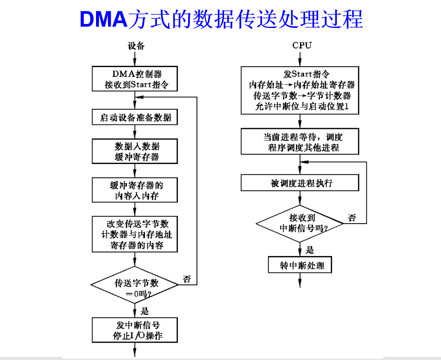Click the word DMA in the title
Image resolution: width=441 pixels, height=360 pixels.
point(104,19)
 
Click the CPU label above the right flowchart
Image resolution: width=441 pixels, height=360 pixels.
point(302,45)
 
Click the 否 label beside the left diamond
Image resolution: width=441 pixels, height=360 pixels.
point(187,279)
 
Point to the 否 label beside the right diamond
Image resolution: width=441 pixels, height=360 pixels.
point(352,217)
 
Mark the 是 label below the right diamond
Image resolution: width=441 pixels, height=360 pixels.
point(310,250)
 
